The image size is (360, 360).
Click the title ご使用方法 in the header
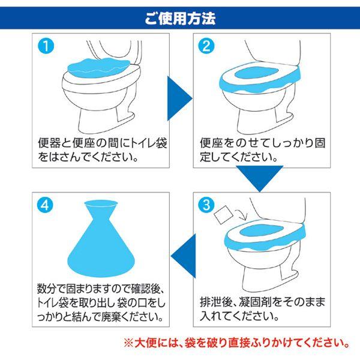click(180, 17)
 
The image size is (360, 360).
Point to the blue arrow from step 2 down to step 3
click(259, 178)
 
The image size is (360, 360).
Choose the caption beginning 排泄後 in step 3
click(258, 309)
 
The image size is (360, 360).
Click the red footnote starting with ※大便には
click(238, 344)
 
